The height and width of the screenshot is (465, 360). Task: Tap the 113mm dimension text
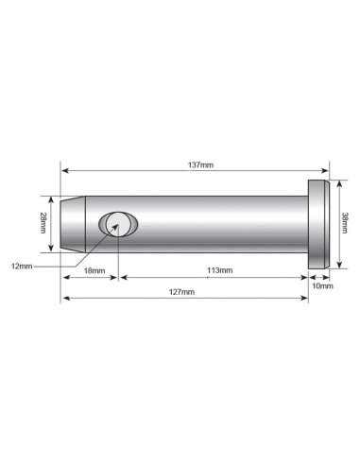point(219,270)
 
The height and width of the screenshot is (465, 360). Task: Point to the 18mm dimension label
point(91,270)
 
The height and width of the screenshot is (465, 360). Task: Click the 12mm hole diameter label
point(21,267)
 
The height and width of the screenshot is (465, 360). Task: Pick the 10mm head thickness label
point(320,284)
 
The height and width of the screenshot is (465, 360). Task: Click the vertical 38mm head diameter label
point(346,224)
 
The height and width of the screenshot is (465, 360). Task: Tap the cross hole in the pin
point(116,225)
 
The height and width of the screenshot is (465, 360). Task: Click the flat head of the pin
point(319,224)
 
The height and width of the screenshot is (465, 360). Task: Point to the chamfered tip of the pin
point(70,224)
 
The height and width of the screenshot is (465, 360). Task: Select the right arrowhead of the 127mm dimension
point(305,300)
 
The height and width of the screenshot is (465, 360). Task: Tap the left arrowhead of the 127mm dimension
point(65,300)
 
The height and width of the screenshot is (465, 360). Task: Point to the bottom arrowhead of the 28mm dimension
point(52,248)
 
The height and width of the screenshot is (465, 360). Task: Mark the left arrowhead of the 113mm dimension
point(121,277)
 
